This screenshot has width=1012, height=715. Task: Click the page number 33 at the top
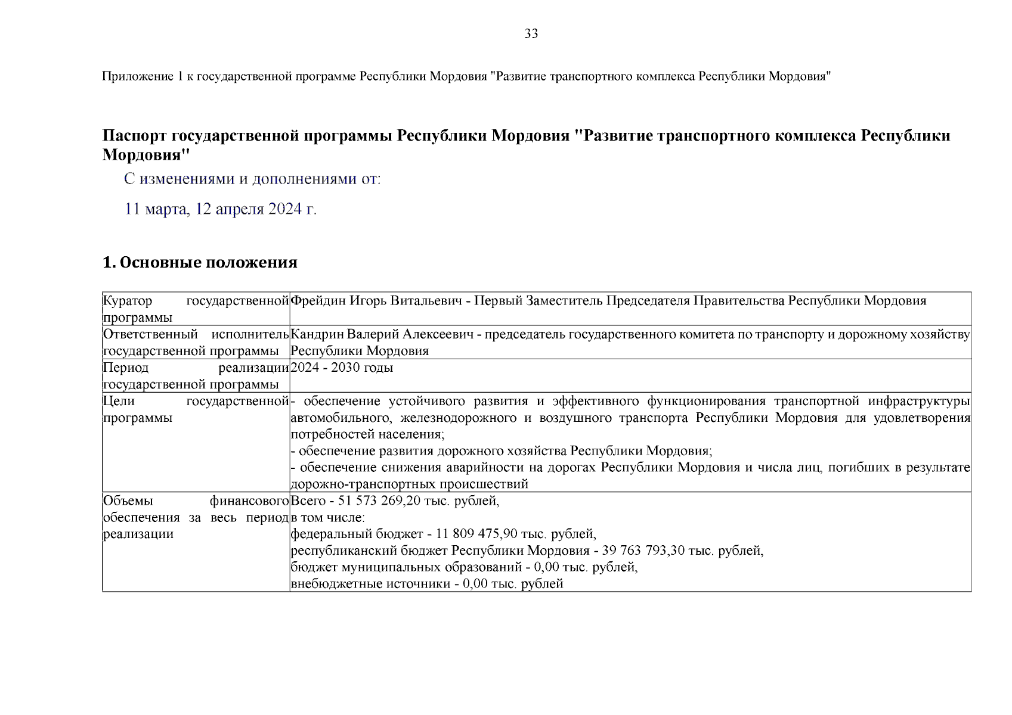click(x=531, y=34)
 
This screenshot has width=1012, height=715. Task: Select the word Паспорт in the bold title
click(x=134, y=136)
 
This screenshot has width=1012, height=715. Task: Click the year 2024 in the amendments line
click(x=284, y=209)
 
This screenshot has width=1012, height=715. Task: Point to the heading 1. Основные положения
click(x=200, y=263)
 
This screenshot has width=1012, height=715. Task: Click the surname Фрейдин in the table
click(x=318, y=301)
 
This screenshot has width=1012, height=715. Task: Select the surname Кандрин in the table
click(x=317, y=334)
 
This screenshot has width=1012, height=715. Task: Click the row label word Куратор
click(x=128, y=301)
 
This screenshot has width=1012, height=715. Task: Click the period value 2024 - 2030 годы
click(x=342, y=368)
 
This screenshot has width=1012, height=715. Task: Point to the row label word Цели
click(x=119, y=401)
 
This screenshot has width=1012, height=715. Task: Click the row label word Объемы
click(x=128, y=501)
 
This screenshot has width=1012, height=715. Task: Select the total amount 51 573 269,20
click(x=379, y=501)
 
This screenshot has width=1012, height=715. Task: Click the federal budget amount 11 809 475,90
click(x=476, y=534)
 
